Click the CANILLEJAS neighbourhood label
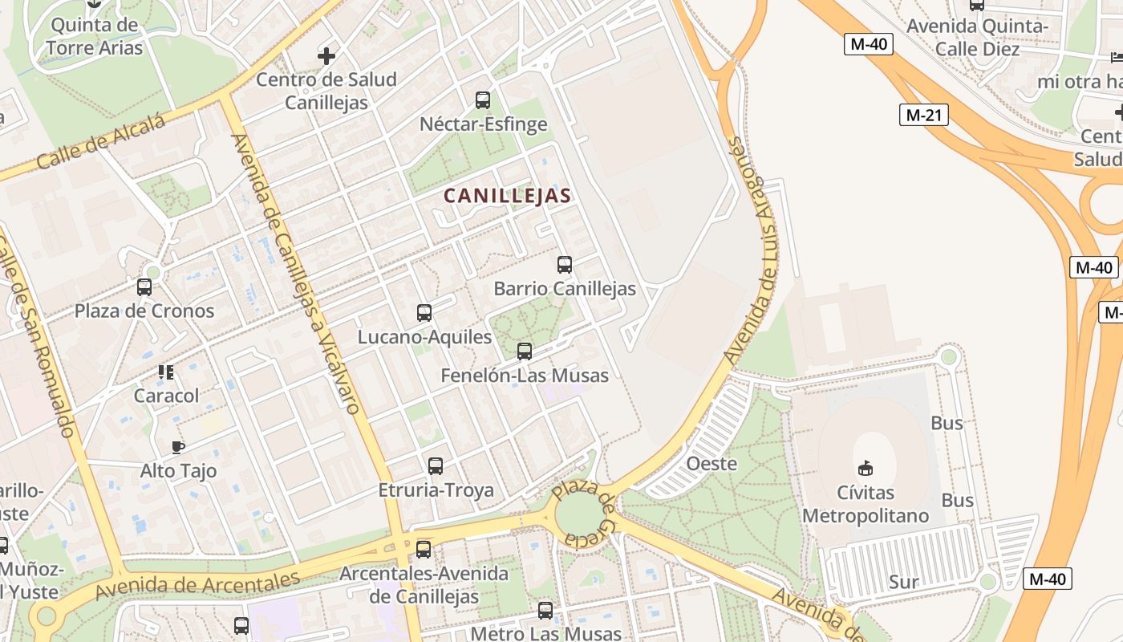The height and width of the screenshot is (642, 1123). click(x=507, y=195)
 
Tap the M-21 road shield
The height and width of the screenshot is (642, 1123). click(x=923, y=115)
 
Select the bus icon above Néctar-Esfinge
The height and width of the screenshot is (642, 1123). click(x=482, y=100)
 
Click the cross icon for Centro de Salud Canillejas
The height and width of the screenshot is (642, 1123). click(x=326, y=56)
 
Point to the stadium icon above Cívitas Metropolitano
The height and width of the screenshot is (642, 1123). click(x=866, y=468)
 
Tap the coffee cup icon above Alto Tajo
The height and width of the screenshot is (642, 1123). click(x=178, y=447)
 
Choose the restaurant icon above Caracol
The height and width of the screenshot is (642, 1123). click(x=166, y=372)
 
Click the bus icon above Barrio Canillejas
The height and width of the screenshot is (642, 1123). click(x=564, y=264)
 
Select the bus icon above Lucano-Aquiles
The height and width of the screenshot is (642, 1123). click(x=424, y=312)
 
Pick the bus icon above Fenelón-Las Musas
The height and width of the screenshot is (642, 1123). click(x=524, y=351)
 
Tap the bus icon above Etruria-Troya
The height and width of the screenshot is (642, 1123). click(x=436, y=465)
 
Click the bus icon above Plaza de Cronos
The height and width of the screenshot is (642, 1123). click(x=144, y=286)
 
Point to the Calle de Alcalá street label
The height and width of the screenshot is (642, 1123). click(x=101, y=142)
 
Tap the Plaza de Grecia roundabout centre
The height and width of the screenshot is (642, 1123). click(x=581, y=514)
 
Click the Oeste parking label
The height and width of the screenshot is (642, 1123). click(x=712, y=463)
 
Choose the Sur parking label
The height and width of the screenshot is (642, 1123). click(x=903, y=582)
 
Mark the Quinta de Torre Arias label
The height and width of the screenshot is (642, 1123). click(x=95, y=36)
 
